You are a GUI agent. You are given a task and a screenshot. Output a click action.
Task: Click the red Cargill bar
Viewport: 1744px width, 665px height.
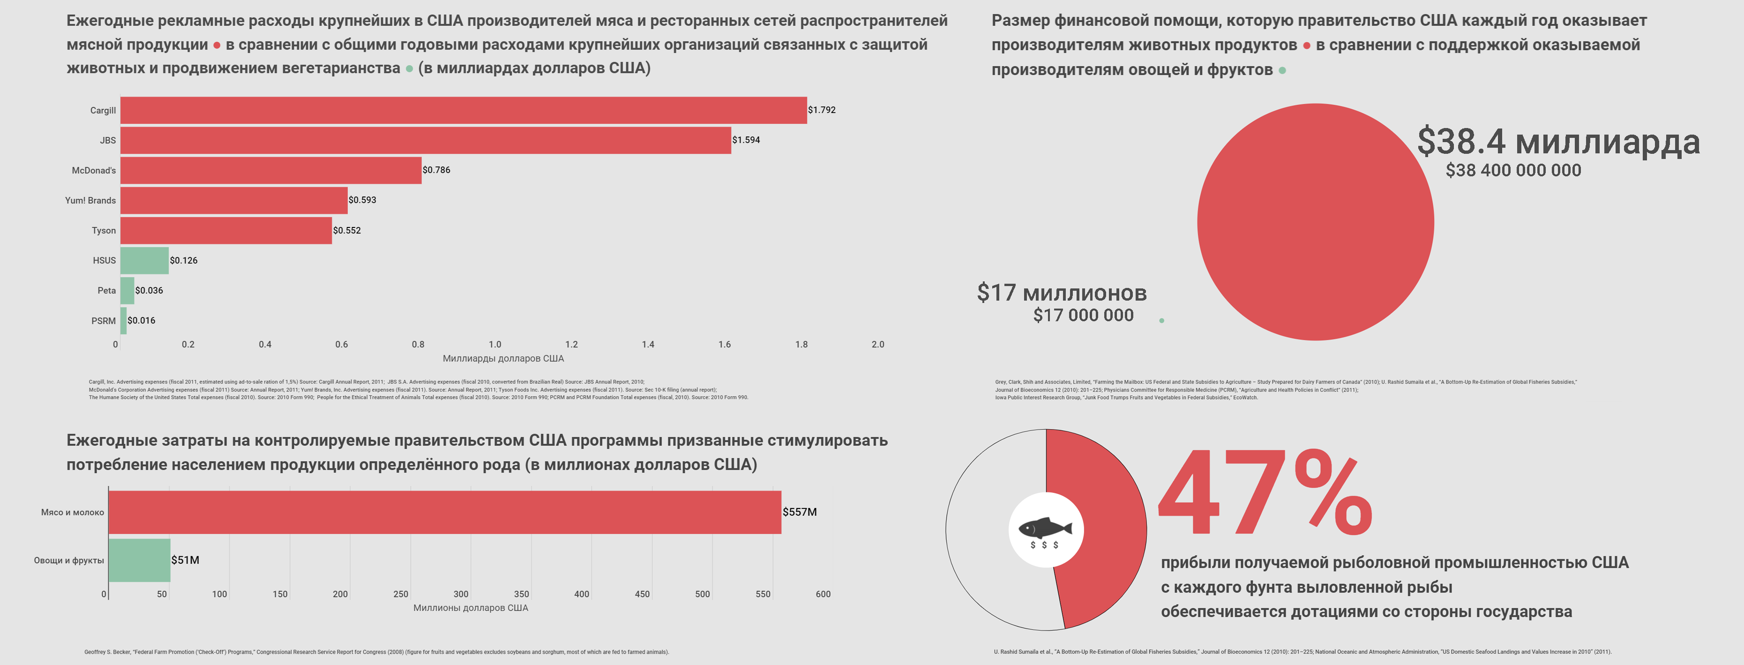[x=463, y=110]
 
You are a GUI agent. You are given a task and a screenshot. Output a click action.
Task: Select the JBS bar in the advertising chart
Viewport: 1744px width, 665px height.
[x=425, y=140]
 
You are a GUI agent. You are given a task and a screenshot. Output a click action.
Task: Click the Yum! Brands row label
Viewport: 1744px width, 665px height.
[x=90, y=200]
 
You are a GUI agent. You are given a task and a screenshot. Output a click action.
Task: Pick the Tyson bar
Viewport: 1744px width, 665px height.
[x=226, y=230]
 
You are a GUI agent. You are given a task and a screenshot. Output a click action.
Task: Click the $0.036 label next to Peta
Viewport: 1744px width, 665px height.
[x=149, y=290]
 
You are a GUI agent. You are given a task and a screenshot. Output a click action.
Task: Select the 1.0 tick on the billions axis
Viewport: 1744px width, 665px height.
[x=495, y=345]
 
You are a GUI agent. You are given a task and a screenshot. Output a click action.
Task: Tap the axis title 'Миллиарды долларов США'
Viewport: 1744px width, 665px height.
[x=503, y=358]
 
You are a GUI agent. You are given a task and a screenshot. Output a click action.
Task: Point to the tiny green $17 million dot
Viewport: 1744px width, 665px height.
[x=1162, y=320]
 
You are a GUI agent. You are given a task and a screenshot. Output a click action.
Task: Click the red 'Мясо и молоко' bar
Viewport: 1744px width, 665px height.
[x=444, y=512]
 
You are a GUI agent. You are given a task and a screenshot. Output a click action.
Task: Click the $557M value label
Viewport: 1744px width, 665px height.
[x=800, y=512]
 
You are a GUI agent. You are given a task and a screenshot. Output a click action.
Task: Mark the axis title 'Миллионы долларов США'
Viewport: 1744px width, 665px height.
[x=471, y=608]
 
